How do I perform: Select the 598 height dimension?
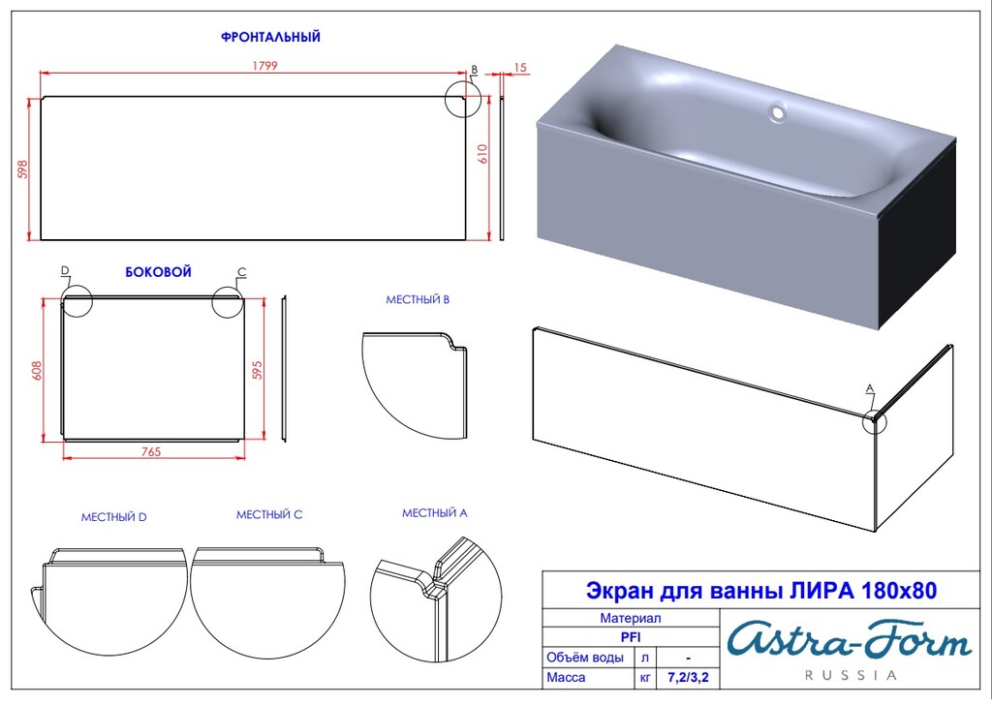click(22, 169)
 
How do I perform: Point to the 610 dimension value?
click(483, 153)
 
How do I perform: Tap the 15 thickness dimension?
click(520, 68)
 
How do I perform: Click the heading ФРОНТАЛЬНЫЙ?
click(270, 37)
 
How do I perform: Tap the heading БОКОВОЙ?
click(158, 272)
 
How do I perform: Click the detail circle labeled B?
click(462, 99)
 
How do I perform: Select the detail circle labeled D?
click(76, 301)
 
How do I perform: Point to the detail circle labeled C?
click(229, 301)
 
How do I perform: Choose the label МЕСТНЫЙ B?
click(418, 299)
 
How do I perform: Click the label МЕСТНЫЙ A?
click(435, 512)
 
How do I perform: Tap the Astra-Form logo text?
click(849, 641)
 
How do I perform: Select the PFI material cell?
click(631, 637)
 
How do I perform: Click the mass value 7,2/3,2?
click(688, 678)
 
